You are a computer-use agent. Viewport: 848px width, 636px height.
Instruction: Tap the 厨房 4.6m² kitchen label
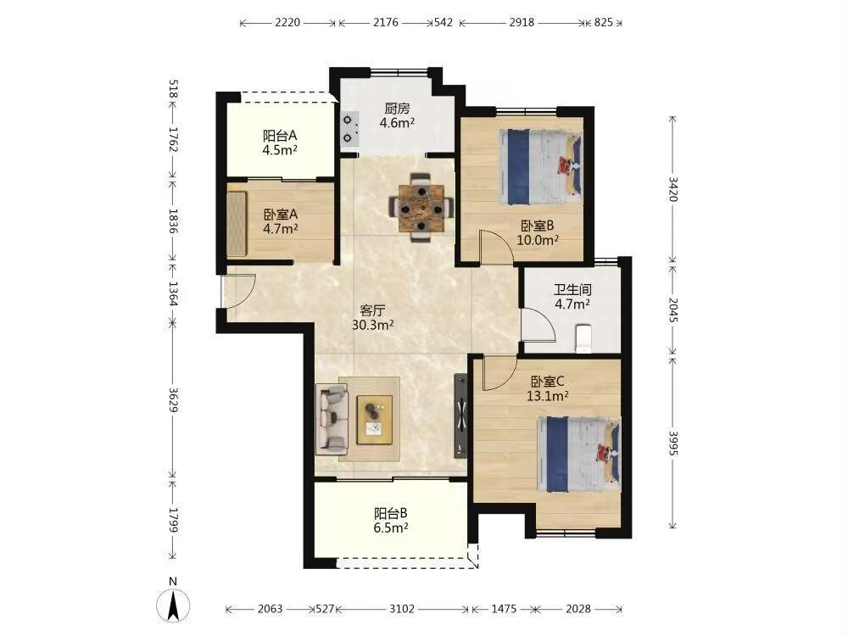pyautogui.click(x=397, y=115)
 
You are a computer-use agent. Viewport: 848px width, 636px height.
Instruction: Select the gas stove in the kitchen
pyautogui.click(x=349, y=129)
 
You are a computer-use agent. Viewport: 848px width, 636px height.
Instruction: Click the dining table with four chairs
pyautogui.click(x=421, y=208)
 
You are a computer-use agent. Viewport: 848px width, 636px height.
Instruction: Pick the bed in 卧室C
pyautogui.click(x=578, y=455)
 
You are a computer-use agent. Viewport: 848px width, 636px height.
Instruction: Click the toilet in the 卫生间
pyautogui.click(x=583, y=338)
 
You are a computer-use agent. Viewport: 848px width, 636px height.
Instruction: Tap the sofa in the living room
pyautogui.click(x=332, y=417)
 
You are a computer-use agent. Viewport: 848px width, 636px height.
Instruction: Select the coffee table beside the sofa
pyautogui.click(x=374, y=420)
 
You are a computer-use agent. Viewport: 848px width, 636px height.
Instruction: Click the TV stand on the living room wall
pyautogui.click(x=460, y=416)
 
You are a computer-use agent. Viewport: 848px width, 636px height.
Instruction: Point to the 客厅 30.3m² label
pyautogui.click(x=372, y=318)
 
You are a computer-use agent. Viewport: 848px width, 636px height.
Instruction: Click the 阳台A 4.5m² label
pyautogui.click(x=280, y=142)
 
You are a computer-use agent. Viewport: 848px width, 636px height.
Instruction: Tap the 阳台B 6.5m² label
pyautogui.click(x=390, y=521)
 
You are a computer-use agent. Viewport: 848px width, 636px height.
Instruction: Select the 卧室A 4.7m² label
pyautogui.click(x=281, y=221)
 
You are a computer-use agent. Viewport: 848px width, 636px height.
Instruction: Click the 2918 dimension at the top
pyautogui.click(x=522, y=22)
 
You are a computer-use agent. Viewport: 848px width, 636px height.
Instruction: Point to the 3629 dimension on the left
pyautogui.click(x=173, y=399)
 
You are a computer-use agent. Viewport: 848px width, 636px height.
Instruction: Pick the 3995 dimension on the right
pyautogui.click(x=672, y=443)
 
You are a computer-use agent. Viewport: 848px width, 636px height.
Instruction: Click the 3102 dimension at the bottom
pyautogui.click(x=402, y=609)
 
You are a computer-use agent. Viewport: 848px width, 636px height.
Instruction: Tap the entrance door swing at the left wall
pyautogui.click(x=238, y=291)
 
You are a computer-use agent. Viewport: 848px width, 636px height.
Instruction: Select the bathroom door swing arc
pyautogui.click(x=538, y=324)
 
